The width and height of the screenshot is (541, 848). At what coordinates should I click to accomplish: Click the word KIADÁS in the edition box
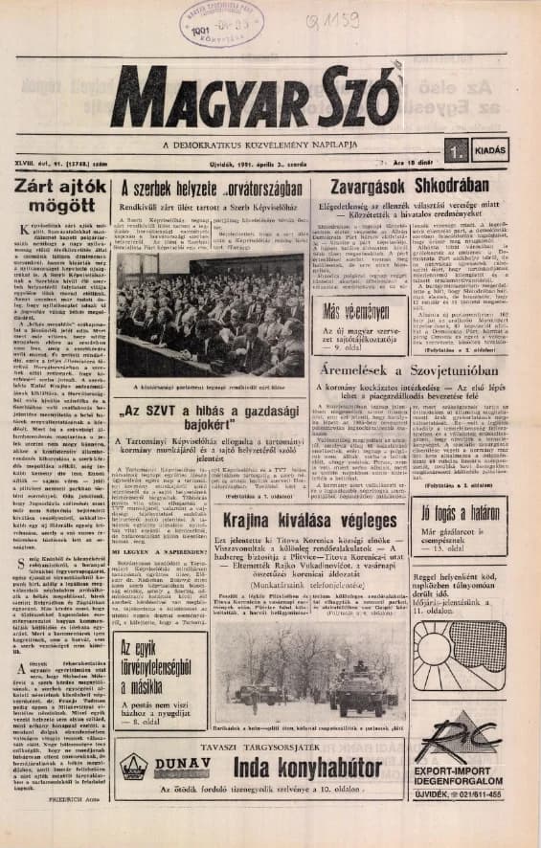pyautogui.click(x=489, y=150)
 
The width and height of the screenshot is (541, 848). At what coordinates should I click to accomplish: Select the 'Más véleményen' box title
pyautogui.click(x=356, y=310)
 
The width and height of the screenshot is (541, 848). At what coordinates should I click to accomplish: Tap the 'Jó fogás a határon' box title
pyautogui.click(x=490, y=512)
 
